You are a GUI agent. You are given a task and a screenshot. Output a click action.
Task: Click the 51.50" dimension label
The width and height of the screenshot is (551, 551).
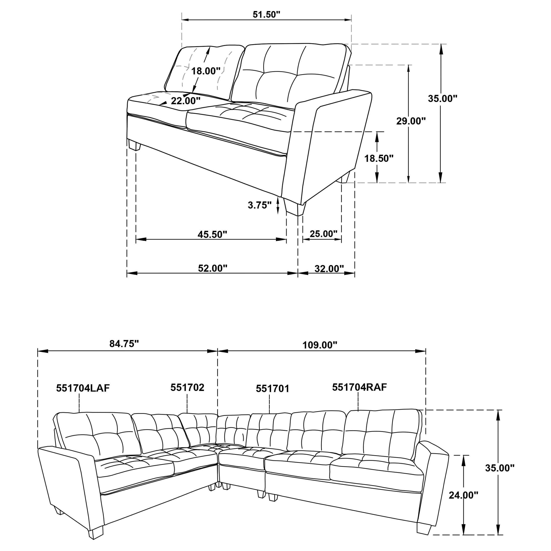click(266, 15)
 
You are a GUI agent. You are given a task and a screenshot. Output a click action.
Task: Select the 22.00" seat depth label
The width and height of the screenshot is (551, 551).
click(186, 101)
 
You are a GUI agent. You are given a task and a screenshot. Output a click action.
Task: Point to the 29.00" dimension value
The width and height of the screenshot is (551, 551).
click(411, 121)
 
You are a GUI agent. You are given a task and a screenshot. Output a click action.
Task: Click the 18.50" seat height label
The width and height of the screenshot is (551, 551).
click(379, 158)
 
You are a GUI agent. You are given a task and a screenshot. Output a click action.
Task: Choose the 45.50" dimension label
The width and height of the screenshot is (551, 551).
click(212, 235)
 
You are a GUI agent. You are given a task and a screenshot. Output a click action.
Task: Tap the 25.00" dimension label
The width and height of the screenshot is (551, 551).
click(323, 234)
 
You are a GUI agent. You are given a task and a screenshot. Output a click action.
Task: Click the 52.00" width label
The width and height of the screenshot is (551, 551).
click(212, 268)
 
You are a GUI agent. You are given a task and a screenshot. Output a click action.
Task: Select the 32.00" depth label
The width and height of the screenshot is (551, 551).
click(329, 268)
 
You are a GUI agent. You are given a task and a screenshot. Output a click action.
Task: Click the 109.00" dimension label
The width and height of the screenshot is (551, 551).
click(320, 345)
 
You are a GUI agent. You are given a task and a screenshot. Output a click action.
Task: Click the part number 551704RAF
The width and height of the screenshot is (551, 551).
click(359, 387)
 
